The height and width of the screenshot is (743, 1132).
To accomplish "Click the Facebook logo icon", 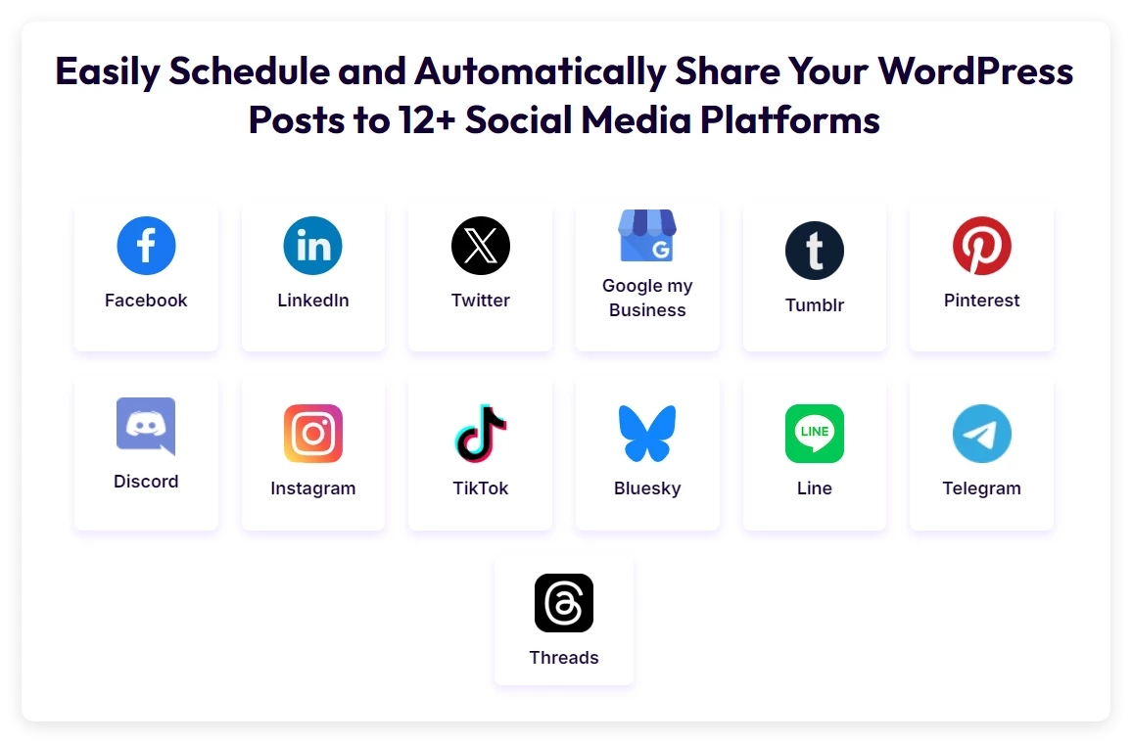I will [x=146, y=246].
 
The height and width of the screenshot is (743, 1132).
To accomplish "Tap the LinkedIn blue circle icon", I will [x=313, y=246].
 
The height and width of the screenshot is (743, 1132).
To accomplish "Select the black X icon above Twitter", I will [x=481, y=246].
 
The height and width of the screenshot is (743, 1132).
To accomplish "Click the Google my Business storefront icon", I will [x=647, y=236].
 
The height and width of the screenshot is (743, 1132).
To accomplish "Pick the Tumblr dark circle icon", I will [x=815, y=251].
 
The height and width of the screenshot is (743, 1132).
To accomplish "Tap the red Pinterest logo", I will [x=982, y=246].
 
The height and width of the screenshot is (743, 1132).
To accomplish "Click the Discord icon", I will [x=146, y=426].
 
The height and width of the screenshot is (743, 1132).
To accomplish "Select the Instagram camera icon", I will [x=313, y=434].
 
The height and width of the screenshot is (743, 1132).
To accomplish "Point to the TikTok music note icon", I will [x=481, y=434].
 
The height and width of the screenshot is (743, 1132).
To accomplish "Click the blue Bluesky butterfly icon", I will [x=647, y=434].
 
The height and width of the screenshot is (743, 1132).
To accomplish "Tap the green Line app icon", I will [x=815, y=434].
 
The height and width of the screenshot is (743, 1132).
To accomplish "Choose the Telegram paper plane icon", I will [x=982, y=434].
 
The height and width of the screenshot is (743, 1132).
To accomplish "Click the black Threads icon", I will [x=564, y=603].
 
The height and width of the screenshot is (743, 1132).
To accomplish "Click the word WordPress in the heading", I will [x=975, y=71].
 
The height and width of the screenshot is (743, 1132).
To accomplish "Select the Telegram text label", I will [x=982, y=488].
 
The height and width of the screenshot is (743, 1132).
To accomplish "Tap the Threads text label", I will [x=564, y=658].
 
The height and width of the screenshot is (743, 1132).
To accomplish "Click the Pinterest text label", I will [x=982, y=301].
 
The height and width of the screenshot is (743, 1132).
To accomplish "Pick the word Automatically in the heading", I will [x=543, y=71].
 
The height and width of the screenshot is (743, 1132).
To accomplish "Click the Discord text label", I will [x=146, y=482].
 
